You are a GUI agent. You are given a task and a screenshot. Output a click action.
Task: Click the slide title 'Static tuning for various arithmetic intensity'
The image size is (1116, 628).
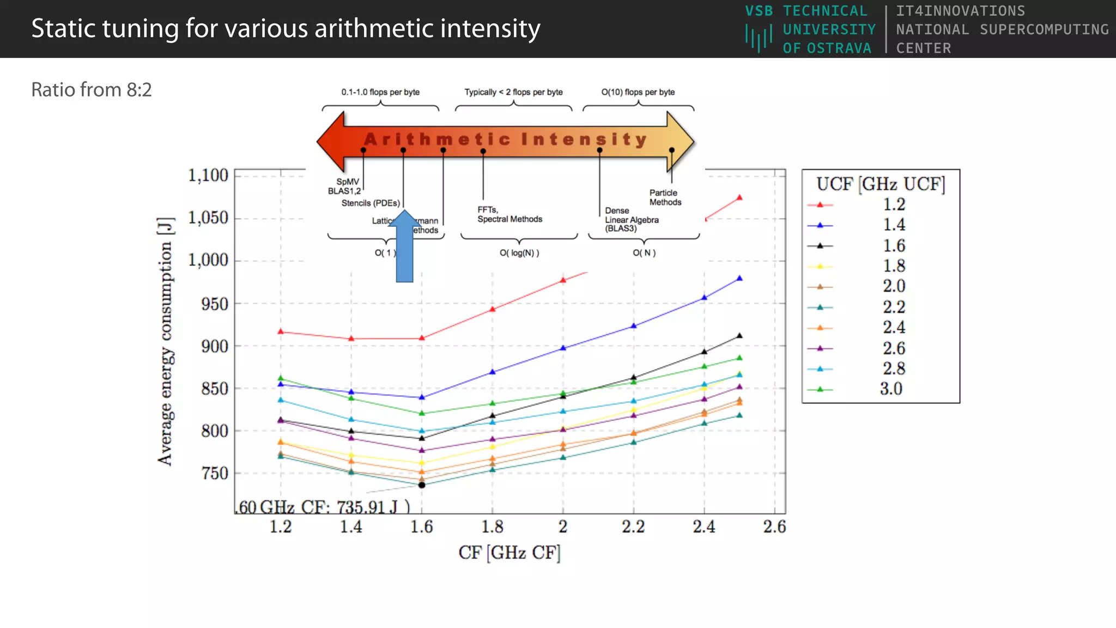(x=286, y=29)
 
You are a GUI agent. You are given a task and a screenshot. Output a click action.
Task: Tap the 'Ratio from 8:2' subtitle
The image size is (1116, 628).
(x=92, y=90)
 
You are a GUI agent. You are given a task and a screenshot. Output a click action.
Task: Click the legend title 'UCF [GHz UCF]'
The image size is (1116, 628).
(x=881, y=184)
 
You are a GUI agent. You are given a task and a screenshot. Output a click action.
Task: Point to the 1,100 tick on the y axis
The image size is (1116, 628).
(x=208, y=176)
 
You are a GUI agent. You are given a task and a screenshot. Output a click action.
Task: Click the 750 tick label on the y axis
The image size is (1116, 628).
(x=215, y=473)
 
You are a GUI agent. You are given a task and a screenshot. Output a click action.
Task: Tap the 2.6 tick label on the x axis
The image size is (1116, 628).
(x=774, y=527)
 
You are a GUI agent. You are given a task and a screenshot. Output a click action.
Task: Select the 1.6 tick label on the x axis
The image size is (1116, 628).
(x=421, y=527)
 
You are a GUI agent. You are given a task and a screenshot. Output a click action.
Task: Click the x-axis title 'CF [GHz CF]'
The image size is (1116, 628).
(x=510, y=553)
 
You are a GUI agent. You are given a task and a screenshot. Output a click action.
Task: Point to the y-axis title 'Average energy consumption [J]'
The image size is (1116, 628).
(x=165, y=341)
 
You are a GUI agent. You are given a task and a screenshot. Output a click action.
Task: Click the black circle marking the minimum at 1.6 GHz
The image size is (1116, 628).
(x=422, y=485)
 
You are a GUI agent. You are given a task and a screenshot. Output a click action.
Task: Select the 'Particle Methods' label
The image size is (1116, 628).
(x=665, y=197)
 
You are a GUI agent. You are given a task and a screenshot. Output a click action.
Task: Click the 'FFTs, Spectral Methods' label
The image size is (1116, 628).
(x=510, y=214)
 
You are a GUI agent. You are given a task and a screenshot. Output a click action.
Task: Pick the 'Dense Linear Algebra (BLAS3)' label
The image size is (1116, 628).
(x=631, y=219)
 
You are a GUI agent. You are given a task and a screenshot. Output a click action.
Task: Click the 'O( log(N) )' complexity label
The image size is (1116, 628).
(x=519, y=253)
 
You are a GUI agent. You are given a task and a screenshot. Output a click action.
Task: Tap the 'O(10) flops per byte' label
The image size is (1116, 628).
(x=638, y=92)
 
